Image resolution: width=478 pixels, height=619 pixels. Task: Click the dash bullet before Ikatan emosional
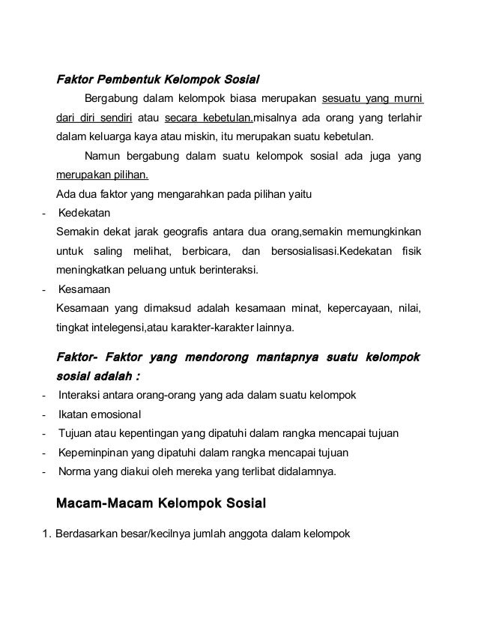(x=46, y=414)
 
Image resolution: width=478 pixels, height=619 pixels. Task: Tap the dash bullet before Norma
(x=46, y=472)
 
